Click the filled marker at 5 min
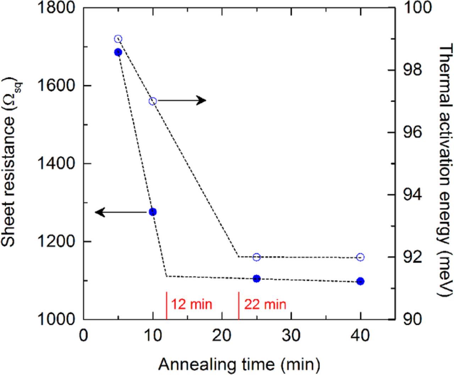coord(118,52)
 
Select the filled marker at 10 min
coord(153,212)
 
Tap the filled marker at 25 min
coord(257,279)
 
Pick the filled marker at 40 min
coord(360,281)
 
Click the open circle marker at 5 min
coord(118,39)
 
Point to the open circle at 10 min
coord(153,101)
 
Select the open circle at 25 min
coord(257,257)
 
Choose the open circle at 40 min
coord(360,257)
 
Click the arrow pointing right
coord(182,100)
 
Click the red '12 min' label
coord(192,304)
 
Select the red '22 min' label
coord(265,304)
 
